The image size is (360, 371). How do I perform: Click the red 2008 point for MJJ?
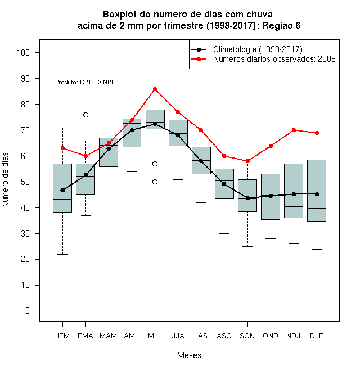tap(155, 89)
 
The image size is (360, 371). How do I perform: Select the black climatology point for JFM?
tap(63, 190)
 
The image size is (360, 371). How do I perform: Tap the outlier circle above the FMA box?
tap(85, 115)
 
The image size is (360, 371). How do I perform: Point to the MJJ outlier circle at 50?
tap(155, 182)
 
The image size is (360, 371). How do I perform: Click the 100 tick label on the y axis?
tap(23, 52)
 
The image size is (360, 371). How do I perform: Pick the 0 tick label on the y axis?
tap(28, 311)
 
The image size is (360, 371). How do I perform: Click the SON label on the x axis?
tap(247, 336)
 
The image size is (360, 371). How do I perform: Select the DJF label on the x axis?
tap(317, 336)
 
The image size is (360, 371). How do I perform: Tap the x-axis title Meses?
tap(189, 355)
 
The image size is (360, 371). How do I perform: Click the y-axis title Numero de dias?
tap(5, 180)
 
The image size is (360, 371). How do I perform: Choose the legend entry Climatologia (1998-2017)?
tap(258, 49)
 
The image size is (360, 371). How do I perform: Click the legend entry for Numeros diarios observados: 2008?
tap(274, 59)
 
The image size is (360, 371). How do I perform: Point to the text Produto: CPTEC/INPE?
tap(85, 82)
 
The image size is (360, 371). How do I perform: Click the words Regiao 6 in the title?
tap(281, 25)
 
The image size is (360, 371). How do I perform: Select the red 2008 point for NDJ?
tap(294, 130)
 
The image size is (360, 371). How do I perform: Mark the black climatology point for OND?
tap(271, 196)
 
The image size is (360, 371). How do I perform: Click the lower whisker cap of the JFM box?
tap(63, 254)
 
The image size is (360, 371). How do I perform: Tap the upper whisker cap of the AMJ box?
tap(132, 97)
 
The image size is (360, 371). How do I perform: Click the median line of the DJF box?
tap(317, 209)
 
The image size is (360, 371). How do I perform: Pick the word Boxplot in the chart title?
tap(120, 15)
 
